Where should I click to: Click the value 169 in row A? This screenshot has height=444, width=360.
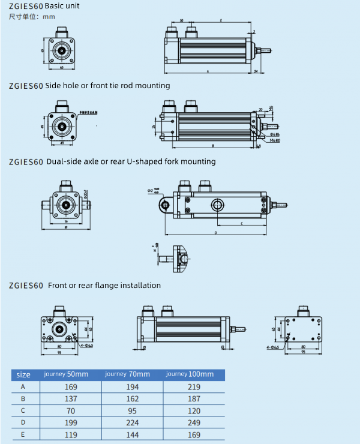pos(71,387)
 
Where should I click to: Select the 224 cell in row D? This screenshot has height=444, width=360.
pos(133,423)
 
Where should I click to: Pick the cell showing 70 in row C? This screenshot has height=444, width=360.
pos(71,411)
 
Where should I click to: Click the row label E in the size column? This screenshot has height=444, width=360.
pos(23,435)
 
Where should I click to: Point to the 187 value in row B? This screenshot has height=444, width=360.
pos(194,399)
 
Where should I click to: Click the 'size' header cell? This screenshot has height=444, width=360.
pos(23,375)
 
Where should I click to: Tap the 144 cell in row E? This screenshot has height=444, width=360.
pos(133,435)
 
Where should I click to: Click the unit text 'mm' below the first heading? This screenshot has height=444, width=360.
pos(49,16)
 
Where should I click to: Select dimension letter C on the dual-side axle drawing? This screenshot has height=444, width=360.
pos(241,223)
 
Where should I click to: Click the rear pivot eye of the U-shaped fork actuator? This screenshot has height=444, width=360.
pos(164,205)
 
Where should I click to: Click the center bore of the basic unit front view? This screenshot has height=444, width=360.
pos(62,50)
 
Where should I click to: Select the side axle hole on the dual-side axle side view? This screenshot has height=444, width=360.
pos(217,205)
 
